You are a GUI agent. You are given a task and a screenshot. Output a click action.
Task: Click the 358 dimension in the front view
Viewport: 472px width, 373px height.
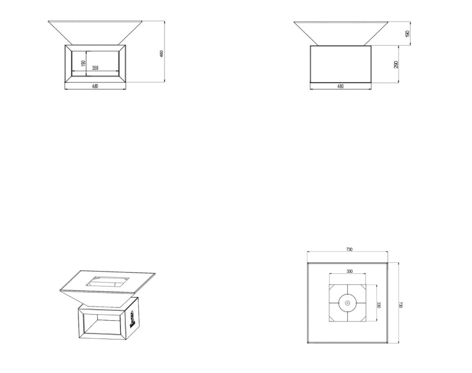tap(95, 68)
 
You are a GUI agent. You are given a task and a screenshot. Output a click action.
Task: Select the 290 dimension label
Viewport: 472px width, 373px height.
tap(396, 65)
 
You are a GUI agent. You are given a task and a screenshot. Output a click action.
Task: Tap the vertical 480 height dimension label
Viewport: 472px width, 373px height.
tap(162, 54)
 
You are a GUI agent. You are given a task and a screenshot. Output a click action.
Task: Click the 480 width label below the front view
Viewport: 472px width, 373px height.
tap(95, 86)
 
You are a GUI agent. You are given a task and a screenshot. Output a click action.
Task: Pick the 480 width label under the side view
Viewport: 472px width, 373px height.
tap(341, 86)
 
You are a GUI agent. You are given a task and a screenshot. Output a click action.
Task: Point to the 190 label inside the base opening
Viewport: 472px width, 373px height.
tap(84, 63)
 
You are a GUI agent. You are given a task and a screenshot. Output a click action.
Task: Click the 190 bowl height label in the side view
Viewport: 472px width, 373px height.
tap(407, 34)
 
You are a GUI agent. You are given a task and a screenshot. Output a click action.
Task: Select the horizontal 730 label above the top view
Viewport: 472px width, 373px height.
tap(349, 249)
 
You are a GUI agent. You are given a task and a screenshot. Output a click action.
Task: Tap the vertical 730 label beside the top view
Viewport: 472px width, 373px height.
tap(401, 305)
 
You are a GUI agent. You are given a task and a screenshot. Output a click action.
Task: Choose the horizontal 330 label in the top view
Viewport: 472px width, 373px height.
tap(349, 271)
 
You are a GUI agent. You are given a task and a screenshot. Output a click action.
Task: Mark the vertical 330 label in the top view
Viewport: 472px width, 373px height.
tap(378, 305)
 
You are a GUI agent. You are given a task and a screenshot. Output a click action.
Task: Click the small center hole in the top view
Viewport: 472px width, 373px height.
tap(347, 303)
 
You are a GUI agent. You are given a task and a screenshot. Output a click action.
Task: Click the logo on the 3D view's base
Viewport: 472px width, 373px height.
tap(132, 320)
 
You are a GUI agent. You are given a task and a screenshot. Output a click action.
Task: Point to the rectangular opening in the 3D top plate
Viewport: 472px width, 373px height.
tap(107, 281)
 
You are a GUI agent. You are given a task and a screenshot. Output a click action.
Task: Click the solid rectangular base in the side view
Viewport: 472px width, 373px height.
tap(341, 64)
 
